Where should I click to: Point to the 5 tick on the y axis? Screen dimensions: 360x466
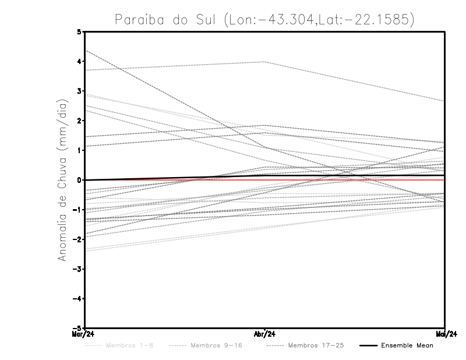click(79, 31)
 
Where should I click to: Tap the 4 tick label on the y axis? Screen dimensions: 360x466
click(79, 61)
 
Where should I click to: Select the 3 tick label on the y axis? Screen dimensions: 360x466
click(79, 91)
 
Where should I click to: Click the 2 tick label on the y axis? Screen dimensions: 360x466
click(79, 121)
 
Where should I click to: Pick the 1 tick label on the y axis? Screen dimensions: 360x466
click(79, 150)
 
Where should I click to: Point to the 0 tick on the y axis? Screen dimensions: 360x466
click(79, 180)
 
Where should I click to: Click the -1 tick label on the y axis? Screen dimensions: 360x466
click(77, 210)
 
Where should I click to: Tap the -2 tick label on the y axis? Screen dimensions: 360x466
click(77, 239)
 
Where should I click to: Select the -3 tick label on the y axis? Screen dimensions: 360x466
click(77, 269)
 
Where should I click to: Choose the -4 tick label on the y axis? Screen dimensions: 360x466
click(77, 299)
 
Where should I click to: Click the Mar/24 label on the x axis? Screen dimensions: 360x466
click(83, 334)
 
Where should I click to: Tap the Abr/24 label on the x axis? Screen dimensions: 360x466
click(264, 334)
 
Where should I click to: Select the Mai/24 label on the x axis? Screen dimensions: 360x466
click(445, 334)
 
